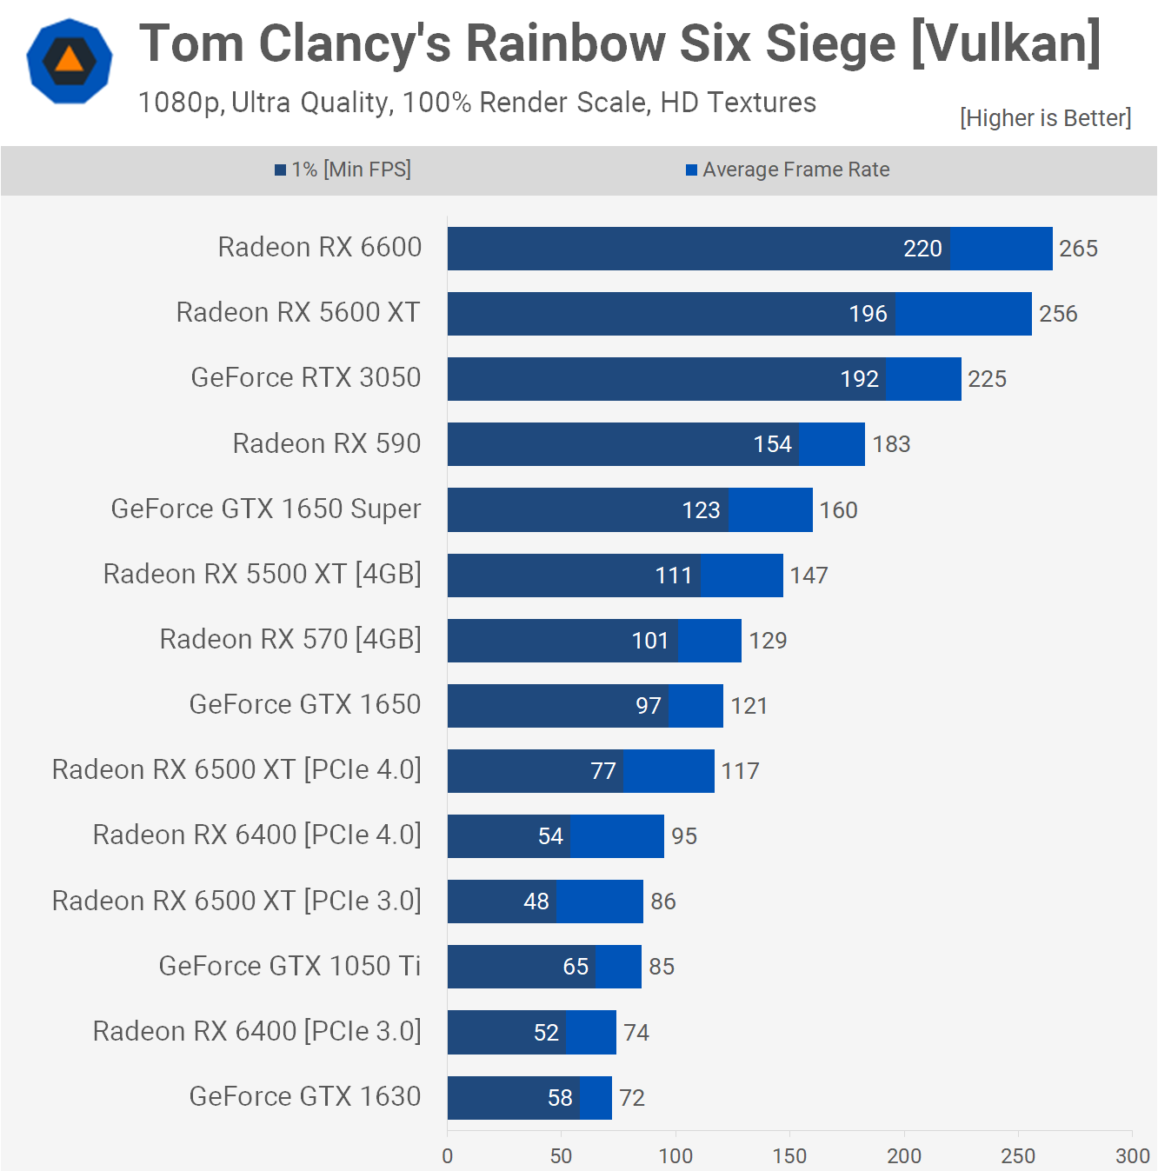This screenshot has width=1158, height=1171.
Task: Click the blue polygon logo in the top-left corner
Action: (x=70, y=61)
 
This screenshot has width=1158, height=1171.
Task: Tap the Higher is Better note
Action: (x=1045, y=118)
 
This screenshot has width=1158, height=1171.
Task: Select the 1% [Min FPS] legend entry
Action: (x=343, y=170)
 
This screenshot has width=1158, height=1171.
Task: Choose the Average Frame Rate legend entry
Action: (x=788, y=170)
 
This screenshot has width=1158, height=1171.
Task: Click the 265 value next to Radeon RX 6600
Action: (x=1078, y=249)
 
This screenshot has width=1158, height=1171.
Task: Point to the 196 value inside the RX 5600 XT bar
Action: (x=868, y=314)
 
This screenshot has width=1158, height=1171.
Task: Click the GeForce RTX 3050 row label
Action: (x=306, y=377)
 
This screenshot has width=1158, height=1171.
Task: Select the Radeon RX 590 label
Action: (x=327, y=443)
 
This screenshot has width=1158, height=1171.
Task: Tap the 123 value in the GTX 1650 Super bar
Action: (x=701, y=510)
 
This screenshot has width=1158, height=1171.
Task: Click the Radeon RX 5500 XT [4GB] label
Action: (x=263, y=574)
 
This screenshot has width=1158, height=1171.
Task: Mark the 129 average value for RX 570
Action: (x=768, y=641)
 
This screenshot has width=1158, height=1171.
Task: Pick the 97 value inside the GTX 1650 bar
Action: (x=649, y=706)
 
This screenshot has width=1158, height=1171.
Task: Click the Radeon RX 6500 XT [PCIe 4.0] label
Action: (x=236, y=769)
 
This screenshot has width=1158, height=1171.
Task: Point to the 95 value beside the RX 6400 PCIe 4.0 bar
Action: (x=684, y=836)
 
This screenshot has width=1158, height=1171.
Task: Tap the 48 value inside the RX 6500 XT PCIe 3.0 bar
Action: (x=536, y=902)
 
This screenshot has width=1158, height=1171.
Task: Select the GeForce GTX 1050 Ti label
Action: (x=289, y=966)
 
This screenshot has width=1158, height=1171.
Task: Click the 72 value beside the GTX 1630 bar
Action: (x=632, y=1098)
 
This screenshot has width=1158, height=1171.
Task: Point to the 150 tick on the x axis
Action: (x=789, y=1156)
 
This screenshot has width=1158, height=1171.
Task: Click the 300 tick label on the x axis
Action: (x=1132, y=1156)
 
